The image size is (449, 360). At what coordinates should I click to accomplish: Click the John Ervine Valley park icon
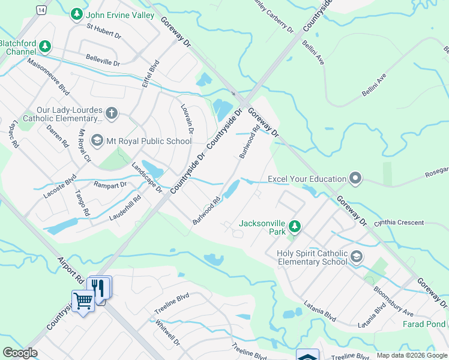click(x=76, y=14)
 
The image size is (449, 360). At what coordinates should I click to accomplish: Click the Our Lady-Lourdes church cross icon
click(x=111, y=113)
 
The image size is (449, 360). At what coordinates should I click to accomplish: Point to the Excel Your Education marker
click(x=355, y=178)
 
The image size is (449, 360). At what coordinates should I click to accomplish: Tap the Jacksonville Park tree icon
click(x=294, y=226)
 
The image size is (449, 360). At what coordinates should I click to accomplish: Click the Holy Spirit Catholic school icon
click(x=357, y=257)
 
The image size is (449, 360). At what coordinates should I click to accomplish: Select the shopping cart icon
click(x=83, y=300)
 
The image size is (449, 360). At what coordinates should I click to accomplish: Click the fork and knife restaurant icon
click(x=100, y=287)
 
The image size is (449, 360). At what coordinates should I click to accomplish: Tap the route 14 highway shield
click(x=40, y=10)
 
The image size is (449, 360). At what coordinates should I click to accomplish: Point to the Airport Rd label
click(x=71, y=272)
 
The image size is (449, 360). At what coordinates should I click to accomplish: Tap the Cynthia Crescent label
click(x=399, y=223)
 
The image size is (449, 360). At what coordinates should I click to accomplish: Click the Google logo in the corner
click(x=20, y=353)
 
